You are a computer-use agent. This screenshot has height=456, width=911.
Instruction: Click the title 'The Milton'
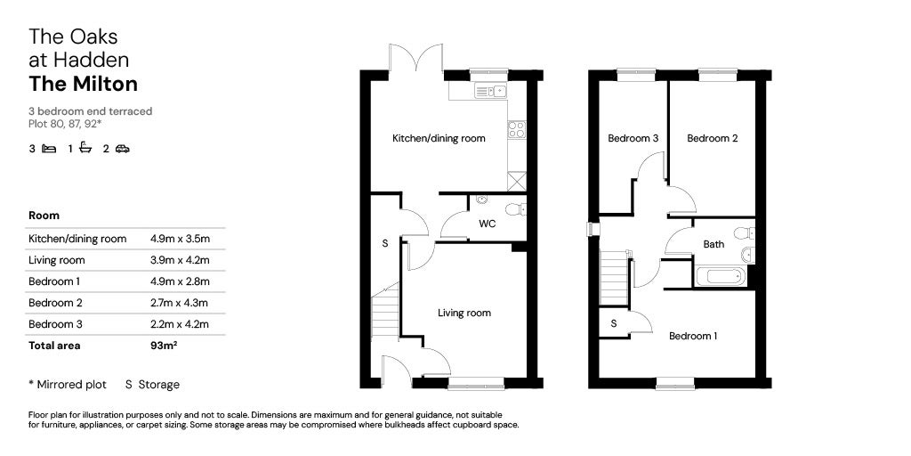(83, 85)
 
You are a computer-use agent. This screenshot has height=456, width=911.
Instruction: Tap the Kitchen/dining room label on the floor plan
(439, 138)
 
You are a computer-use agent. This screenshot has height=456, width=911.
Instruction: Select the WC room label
(487, 224)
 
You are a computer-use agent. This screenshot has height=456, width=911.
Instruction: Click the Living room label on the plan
(464, 313)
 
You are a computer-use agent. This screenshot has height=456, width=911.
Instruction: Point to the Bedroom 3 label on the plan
(633, 138)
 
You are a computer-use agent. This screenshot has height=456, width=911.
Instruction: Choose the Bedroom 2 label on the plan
(713, 138)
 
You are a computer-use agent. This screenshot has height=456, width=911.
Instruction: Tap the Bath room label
(713, 244)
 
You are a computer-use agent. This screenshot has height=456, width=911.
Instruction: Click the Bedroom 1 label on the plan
(693, 336)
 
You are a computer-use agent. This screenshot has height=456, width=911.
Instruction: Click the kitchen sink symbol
(490, 91)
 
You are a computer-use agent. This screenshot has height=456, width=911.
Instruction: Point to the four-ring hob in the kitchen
(517, 129)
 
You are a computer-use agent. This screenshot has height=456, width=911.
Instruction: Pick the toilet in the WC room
(515, 209)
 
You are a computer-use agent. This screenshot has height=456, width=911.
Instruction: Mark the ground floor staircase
(385, 310)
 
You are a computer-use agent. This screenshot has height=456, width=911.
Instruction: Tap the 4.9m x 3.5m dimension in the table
(180, 239)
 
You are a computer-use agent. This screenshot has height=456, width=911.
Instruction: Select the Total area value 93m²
(164, 346)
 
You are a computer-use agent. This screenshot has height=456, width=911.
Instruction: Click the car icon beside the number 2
(122, 149)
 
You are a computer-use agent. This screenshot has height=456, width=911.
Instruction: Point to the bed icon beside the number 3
(49, 149)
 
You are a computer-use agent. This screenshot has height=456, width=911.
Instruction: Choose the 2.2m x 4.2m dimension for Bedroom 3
(180, 324)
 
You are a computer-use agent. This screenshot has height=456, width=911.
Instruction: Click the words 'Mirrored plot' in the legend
(71, 385)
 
